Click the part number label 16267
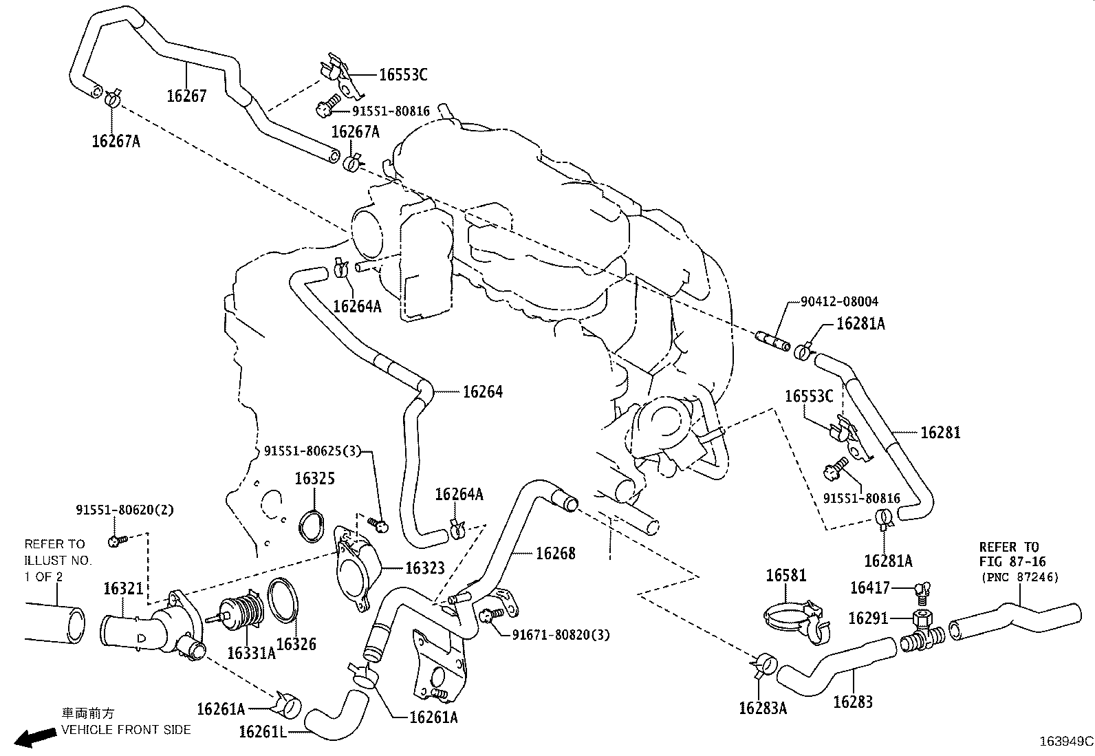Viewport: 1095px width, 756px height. tap(186, 96)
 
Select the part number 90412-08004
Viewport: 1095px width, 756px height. tap(839, 301)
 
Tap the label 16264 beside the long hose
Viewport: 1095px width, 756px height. tap(482, 391)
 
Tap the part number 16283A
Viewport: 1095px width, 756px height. tap(762, 708)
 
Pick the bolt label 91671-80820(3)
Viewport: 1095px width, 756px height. tap(560, 634)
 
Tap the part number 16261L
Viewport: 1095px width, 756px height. tap(262, 731)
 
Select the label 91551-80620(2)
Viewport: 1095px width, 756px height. tap(124, 510)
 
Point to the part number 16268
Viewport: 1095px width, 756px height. tap(555, 553)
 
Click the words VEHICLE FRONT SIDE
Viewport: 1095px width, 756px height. tap(127, 729)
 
